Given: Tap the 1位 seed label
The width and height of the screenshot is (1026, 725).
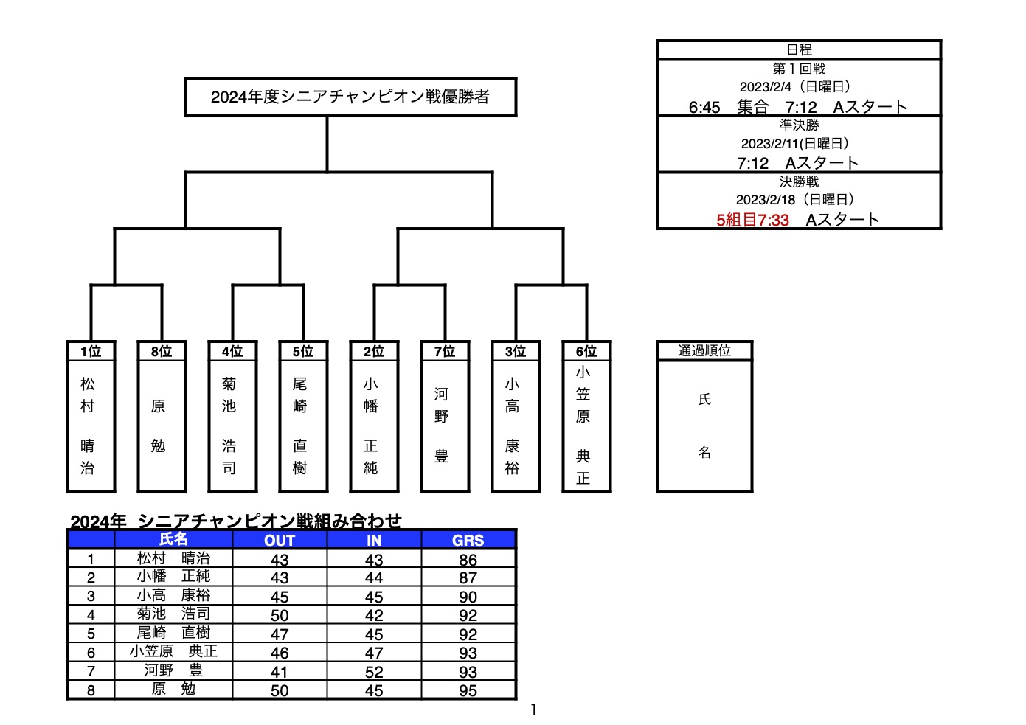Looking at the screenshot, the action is tap(91, 351).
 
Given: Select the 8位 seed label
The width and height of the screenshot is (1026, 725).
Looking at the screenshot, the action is tap(162, 351).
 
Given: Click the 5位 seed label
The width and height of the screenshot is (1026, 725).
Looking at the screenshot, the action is tap(303, 351).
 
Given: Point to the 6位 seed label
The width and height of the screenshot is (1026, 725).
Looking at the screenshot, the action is tap(586, 351).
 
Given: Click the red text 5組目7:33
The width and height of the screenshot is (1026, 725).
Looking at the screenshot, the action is tap(752, 220).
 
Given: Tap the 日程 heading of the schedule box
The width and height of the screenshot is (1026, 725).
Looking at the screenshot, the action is tap(799, 49).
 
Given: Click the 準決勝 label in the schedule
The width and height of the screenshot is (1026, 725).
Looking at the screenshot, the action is tap(799, 125).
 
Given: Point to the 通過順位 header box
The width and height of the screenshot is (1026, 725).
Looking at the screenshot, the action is tap(704, 351).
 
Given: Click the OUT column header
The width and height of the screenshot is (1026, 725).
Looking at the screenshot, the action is tap(280, 541).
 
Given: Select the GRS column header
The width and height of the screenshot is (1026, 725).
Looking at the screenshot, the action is tap(468, 541).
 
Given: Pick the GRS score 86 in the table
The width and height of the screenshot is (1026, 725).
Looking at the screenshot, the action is tap(468, 560).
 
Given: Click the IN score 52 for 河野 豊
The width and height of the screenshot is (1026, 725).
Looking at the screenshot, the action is tap(374, 672).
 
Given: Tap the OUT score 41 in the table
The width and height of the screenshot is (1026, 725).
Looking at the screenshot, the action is tap(280, 672).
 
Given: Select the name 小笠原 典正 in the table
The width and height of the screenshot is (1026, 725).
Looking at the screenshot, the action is tap(173, 651).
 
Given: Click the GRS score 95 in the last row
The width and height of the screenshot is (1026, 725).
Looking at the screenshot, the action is tap(468, 690).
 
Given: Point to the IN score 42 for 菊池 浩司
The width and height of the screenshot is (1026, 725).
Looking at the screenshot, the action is tap(374, 615).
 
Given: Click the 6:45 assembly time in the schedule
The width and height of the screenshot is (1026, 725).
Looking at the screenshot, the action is tap(704, 108).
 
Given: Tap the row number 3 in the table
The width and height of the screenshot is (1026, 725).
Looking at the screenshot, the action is tap(91, 597).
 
